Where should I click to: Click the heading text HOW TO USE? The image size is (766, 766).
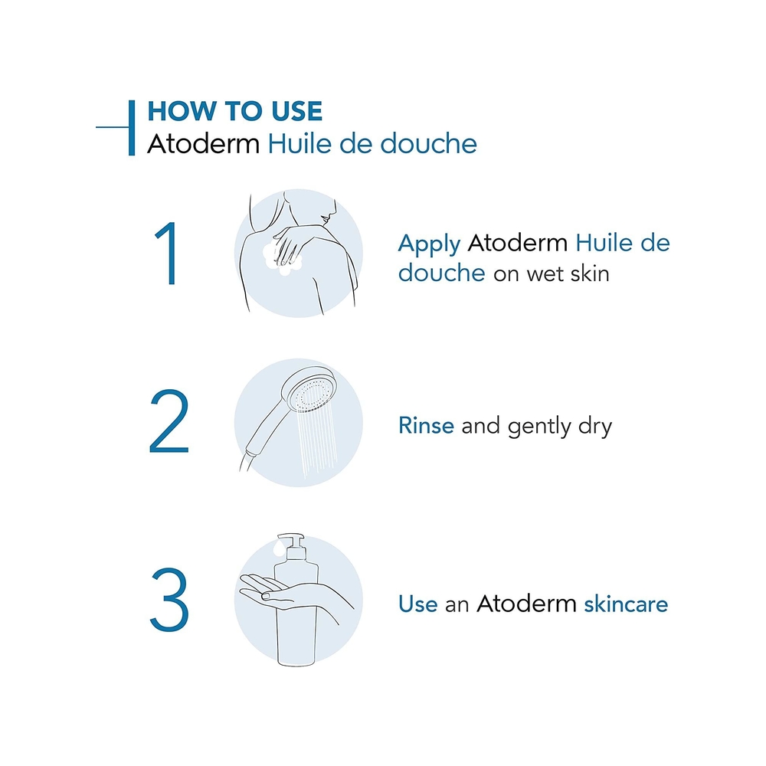(x=235, y=111)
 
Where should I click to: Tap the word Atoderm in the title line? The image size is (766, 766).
(x=204, y=144)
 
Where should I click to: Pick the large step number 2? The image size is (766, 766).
(x=169, y=421)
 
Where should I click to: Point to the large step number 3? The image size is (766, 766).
(x=169, y=600)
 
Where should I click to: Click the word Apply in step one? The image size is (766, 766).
(x=430, y=244)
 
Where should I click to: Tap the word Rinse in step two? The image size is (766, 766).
(x=426, y=425)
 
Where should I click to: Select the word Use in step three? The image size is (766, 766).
(x=417, y=604)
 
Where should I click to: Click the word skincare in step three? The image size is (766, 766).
(x=626, y=604)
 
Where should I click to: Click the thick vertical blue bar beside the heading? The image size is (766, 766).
(x=132, y=128)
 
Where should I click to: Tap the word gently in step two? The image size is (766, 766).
(x=539, y=427)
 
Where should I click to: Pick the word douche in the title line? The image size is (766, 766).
(x=428, y=144)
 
